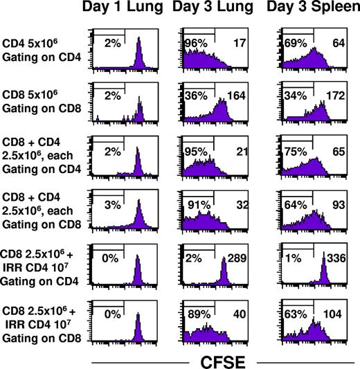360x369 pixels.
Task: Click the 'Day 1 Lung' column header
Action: click(x=125, y=10)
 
